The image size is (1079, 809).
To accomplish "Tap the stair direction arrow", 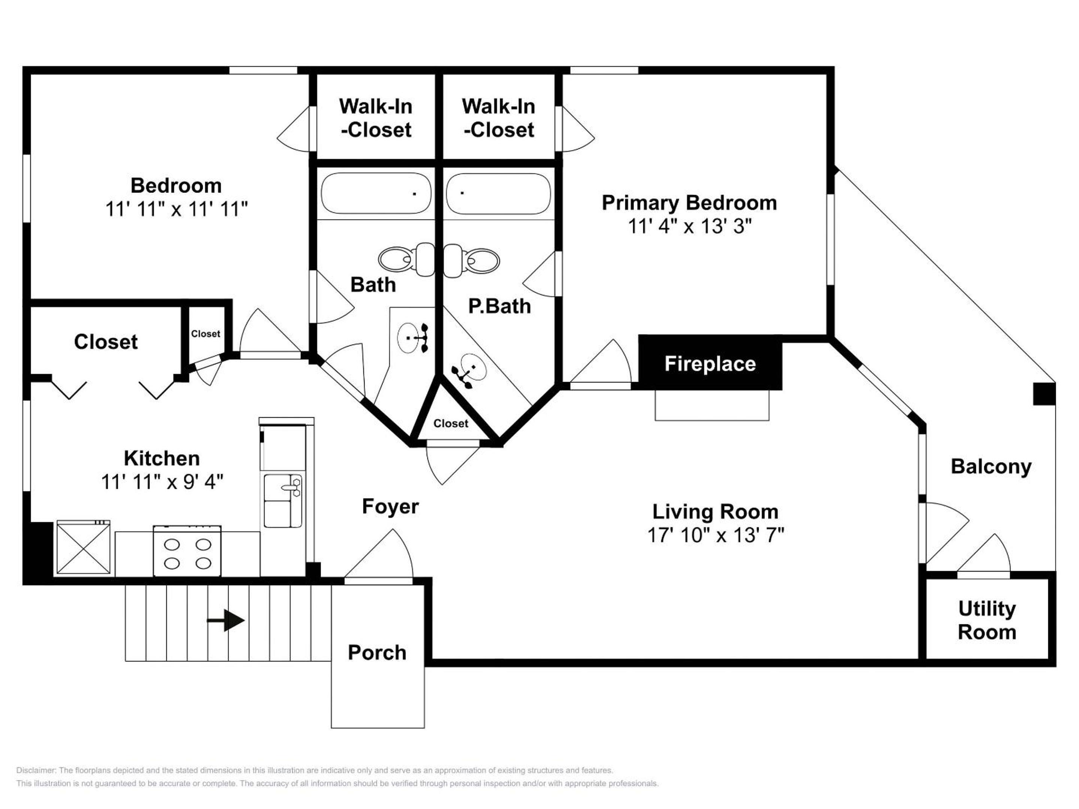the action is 226,620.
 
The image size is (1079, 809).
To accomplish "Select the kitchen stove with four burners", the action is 187,551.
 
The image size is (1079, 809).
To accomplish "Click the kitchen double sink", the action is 283,501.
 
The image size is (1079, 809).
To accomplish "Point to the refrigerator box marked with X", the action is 84,547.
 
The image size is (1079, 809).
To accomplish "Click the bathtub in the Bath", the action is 376,193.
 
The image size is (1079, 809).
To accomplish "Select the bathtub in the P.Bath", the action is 498,193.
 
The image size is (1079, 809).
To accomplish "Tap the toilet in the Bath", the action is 406,259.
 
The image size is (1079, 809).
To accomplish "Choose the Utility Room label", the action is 987,620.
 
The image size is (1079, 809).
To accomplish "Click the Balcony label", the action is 991,467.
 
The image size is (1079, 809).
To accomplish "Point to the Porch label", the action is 377,652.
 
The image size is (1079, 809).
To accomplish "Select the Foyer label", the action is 390,507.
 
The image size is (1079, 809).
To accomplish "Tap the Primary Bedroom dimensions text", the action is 690,226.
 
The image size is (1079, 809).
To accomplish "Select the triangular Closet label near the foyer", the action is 451,423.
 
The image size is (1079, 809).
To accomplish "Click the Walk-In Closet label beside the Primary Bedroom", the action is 499,118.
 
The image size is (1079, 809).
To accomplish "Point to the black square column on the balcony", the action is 1045,394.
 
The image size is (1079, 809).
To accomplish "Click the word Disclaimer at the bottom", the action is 36,770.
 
